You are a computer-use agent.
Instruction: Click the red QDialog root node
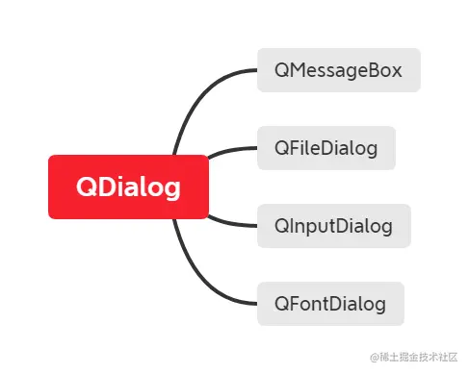(x=128, y=187)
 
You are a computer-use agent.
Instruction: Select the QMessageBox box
(x=338, y=70)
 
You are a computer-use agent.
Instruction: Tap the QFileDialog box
(x=326, y=148)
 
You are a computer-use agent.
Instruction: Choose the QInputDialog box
(x=333, y=226)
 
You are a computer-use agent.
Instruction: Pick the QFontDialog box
(x=330, y=304)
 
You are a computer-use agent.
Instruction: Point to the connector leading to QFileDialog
(x=229, y=150)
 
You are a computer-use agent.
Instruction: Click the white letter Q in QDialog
(x=87, y=187)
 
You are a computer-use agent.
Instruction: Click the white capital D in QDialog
(x=107, y=187)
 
